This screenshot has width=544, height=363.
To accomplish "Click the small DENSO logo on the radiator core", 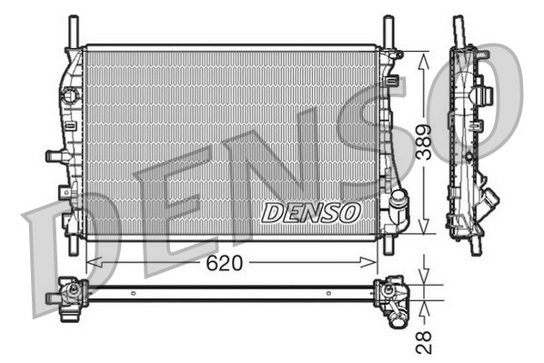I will pyautogui.click(x=311, y=212).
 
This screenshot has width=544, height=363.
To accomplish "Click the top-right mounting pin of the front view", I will pyautogui.click(x=388, y=29).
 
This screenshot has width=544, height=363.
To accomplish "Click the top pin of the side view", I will pyautogui.click(x=458, y=27).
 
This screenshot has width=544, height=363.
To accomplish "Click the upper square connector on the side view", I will pyautogui.click(x=481, y=94).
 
